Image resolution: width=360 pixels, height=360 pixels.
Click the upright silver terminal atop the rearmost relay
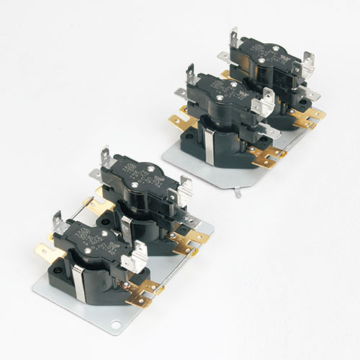click(x=234, y=37)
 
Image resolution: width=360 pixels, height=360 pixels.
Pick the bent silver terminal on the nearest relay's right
click(x=133, y=259)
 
